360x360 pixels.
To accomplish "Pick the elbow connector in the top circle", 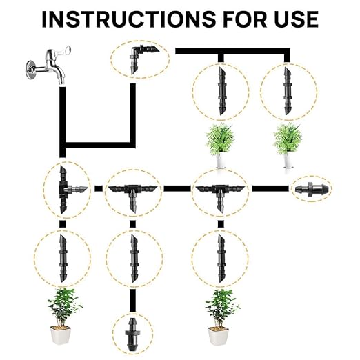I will click(x=139, y=57).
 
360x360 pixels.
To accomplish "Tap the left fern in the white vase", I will click(x=220, y=138).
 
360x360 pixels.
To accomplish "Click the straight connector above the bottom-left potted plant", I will click(x=63, y=258).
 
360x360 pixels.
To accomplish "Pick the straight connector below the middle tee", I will click(x=133, y=258).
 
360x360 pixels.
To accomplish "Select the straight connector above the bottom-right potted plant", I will click(x=220, y=258).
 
